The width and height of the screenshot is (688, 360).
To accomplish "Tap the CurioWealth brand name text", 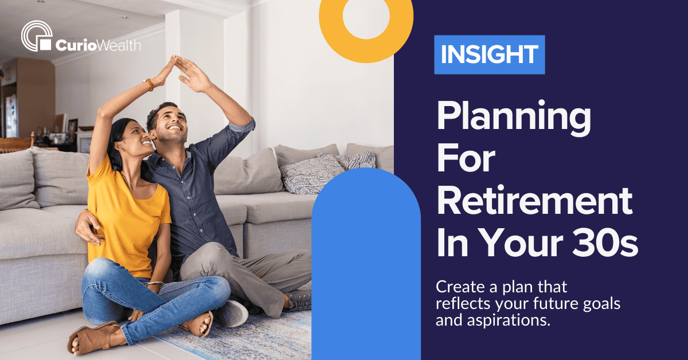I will [x=98, y=45].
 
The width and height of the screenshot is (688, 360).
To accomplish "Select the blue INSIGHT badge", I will [x=489, y=54].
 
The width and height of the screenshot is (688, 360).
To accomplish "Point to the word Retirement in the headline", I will [x=534, y=202].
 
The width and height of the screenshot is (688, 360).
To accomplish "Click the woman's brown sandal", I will [x=86, y=338].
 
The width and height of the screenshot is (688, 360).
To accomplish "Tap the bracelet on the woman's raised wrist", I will [x=150, y=85].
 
